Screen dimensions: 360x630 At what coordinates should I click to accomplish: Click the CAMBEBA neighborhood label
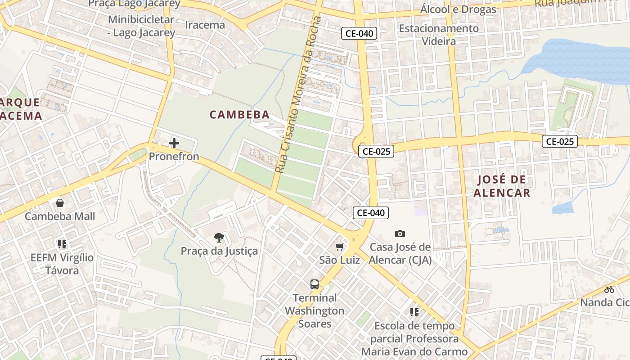coord(239,115)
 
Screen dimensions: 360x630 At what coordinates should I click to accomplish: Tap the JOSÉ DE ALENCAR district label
coord(502,186)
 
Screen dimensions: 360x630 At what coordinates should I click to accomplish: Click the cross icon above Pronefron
coord(174,144)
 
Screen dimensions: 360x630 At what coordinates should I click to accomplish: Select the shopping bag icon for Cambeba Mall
coord(59,203)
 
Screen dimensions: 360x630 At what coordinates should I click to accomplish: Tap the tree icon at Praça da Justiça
coord(219,238)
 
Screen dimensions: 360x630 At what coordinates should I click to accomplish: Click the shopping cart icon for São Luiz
coord(340,247)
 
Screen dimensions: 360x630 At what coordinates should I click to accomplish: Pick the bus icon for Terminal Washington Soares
coord(315,284)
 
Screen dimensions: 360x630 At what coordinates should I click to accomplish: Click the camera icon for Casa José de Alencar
coord(400,234)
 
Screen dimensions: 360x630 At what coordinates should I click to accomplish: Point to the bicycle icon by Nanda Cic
coord(609,289)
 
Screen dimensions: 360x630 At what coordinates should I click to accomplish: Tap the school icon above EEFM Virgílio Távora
coord(62,244)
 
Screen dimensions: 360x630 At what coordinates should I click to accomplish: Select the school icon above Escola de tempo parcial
coord(414,312)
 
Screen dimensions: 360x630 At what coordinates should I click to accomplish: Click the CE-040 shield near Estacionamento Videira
coord(359,33)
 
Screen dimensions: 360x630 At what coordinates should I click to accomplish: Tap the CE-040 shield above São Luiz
coord(370,213)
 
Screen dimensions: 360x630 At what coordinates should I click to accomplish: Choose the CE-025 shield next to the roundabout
coord(376,151)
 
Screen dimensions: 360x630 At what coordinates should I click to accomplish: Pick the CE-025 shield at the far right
coord(559,141)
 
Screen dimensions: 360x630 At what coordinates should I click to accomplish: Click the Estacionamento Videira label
coord(439,35)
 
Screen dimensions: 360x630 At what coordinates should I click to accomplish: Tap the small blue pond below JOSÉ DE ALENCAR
coord(562,208)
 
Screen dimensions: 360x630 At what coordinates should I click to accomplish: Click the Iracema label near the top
coord(205,25)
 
